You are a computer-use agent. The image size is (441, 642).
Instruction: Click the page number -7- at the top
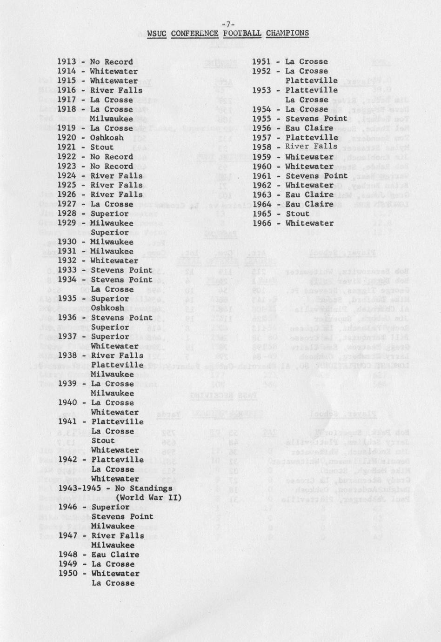pos(228,24)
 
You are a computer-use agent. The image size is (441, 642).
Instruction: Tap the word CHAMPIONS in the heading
pos(287,33)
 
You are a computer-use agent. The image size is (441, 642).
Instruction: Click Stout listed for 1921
pos(102,147)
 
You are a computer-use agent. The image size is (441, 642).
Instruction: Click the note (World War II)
pos(148,497)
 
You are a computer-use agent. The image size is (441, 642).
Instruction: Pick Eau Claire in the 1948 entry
pos(115,555)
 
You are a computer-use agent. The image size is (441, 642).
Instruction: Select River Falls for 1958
pos(311,147)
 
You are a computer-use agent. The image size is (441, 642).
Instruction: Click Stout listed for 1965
pos(297,214)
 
